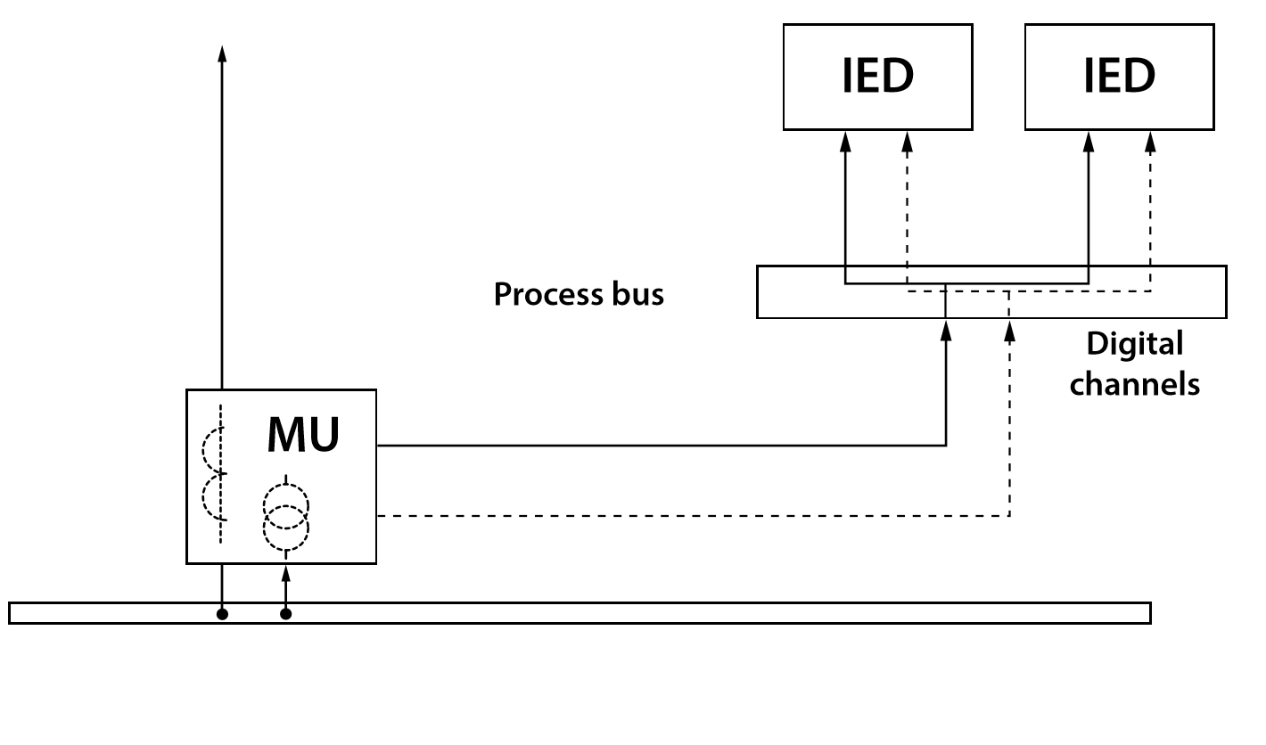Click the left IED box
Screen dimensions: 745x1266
(877, 77)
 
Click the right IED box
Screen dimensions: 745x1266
(1119, 77)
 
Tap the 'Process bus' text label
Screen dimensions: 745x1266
(579, 294)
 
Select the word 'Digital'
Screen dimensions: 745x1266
(1134, 345)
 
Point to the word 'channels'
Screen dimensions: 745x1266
(1134, 384)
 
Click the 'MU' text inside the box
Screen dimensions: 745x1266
(303, 435)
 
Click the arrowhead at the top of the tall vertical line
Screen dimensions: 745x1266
(222, 53)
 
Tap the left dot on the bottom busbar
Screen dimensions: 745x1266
(222, 613)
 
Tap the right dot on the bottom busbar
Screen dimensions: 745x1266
(285, 613)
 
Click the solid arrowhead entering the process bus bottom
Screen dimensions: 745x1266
(946, 331)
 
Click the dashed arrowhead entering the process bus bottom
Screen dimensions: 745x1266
(1009, 331)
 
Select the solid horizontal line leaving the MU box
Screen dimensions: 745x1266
(660, 445)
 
